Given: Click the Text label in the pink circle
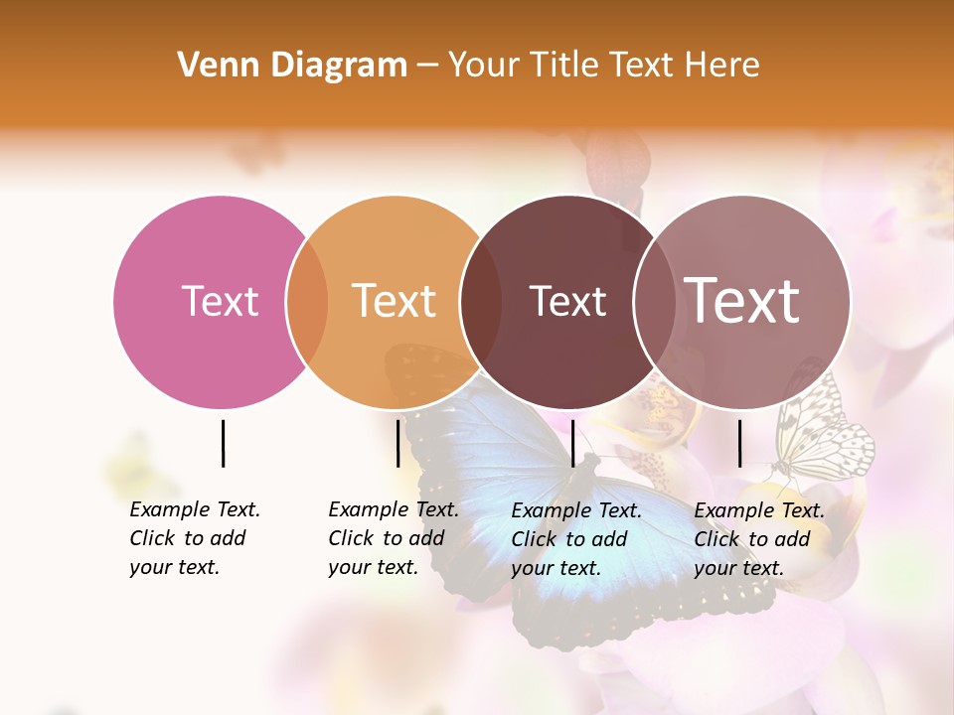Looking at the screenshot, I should click(220, 301).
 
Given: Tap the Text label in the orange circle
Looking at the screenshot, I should click(394, 301).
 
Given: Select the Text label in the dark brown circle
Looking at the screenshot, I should click(567, 301).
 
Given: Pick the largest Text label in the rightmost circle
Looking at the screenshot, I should click(741, 300).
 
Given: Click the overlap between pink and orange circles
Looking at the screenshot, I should click(307, 301).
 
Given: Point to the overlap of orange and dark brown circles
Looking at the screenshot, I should click(481, 301).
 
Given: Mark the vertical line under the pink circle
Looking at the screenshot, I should click(223, 443).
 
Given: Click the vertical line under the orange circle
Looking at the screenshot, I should click(397, 443).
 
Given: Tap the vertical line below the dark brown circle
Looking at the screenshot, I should click(572, 443).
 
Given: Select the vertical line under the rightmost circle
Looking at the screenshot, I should click(739, 443).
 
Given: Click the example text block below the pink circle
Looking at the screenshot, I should click(194, 538).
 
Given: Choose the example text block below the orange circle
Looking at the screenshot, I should click(393, 538).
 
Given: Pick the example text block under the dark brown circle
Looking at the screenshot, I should click(575, 539).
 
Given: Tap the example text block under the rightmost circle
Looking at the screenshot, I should click(758, 539).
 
